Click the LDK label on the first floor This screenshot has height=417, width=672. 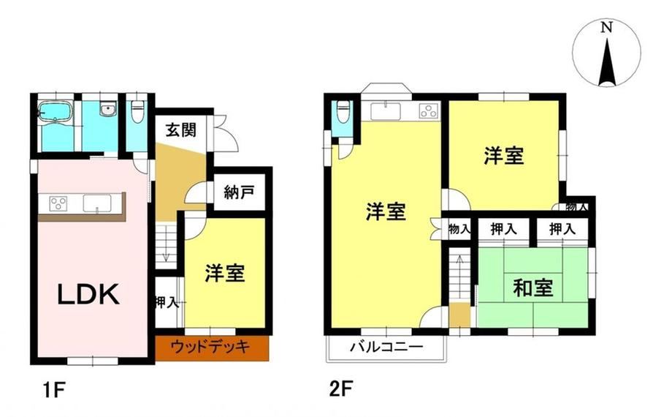tap(88, 295)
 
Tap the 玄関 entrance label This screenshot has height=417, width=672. tap(181, 129)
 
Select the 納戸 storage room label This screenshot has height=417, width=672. tap(239, 192)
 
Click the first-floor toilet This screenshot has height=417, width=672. tap(137, 112)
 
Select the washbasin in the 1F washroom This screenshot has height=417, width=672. tap(108, 109)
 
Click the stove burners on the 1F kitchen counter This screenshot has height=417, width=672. tap(58, 203)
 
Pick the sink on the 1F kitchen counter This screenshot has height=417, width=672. tap(97, 203)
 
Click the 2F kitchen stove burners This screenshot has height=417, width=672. tap(429, 111)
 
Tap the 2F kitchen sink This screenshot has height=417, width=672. tap(386, 111)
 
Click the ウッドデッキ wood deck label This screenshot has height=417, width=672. tap(210, 346)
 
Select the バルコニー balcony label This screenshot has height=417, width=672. tap(386, 346)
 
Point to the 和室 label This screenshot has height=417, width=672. tap(532, 288)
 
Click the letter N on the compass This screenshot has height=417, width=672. tap(606, 28)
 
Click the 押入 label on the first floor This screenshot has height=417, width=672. tap(167, 302)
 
